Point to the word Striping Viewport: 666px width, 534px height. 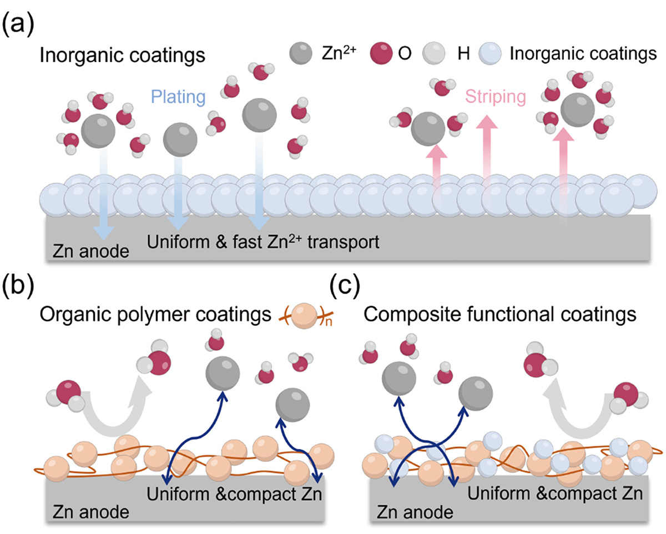tap(495, 97)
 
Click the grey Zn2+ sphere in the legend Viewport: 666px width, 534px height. tap(300, 54)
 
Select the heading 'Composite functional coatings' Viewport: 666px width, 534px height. tap(499, 315)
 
